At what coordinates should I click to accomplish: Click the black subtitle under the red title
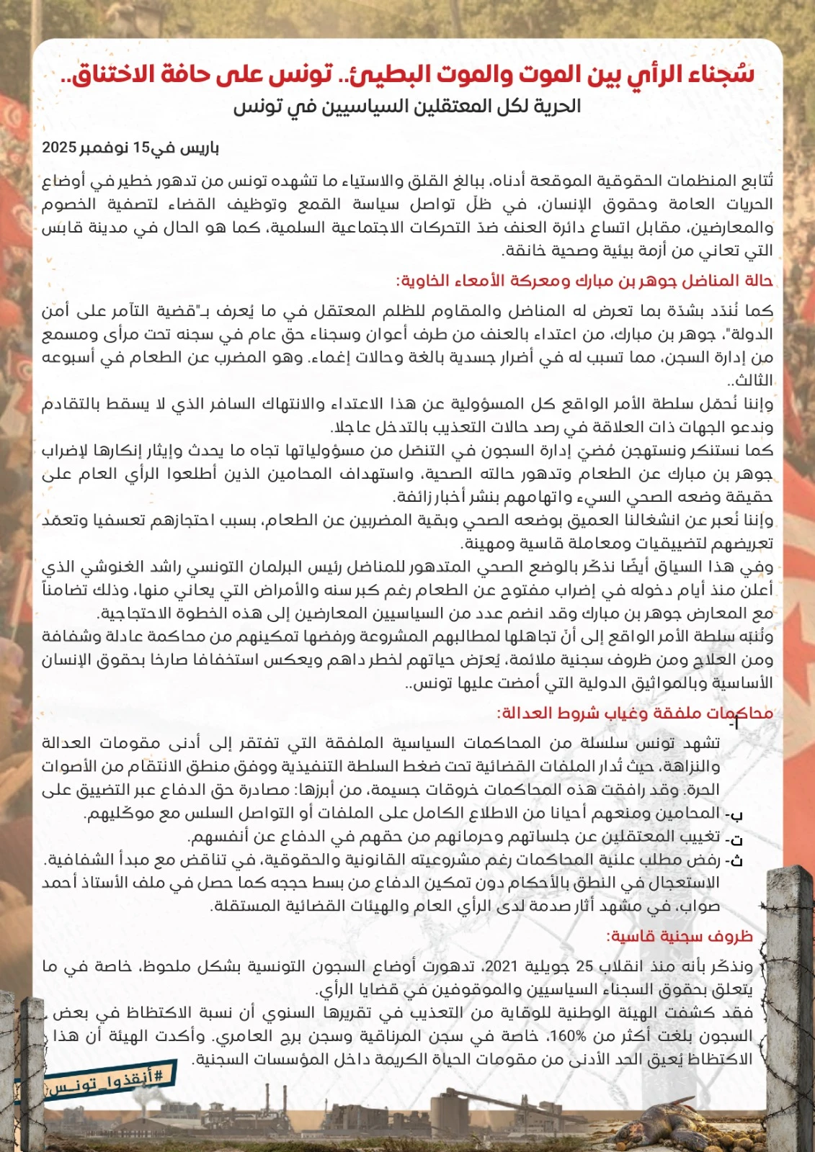(x=407, y=107)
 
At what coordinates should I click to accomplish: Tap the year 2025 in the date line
(x=59, y=148)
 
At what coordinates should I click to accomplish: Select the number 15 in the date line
(x=141, y=148)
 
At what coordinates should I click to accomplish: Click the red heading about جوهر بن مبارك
(x=584, y=280)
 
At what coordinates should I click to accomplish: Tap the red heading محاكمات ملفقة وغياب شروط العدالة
(x=634, y=713)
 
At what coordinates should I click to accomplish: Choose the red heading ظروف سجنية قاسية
(x=680, y=936)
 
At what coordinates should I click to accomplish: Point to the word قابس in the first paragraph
(x=61, y=228)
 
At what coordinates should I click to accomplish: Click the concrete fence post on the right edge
(x=789, y=994)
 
